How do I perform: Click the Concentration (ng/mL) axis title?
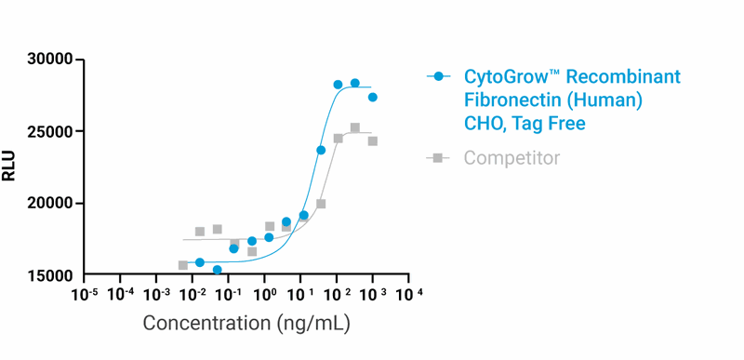click(x=246, y=324)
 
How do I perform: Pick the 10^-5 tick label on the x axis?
click(x=85, y=294)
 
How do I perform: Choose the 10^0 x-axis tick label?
click(x=265, y=294)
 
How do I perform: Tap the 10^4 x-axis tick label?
click(x=408, y=294)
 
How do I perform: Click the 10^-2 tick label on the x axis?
click(x=193, y=294)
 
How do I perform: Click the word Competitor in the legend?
click(x=511, y=158)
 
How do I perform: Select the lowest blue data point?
click(x=217, y=270)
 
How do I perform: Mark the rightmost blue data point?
click(x=372, y=98)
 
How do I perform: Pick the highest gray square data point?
click(x=354, y=128)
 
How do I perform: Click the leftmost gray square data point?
click(x=182, y=265)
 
